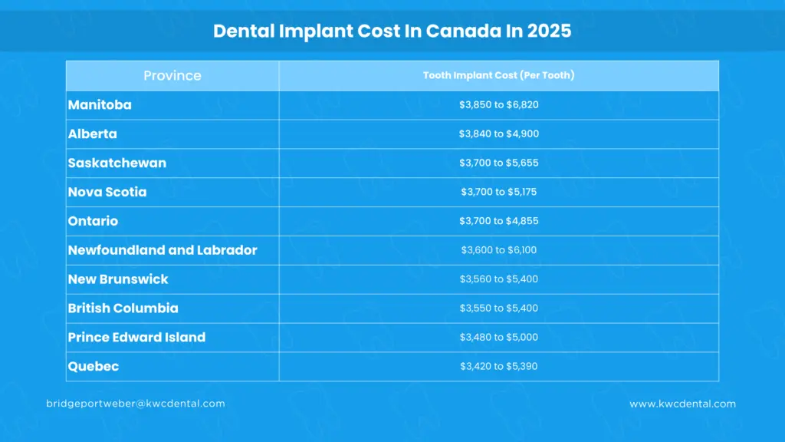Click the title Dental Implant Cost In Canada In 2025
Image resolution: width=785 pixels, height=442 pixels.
point(392,31)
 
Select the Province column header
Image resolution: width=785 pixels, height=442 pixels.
point(172,76)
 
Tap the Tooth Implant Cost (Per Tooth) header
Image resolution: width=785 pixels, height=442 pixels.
point(499,75)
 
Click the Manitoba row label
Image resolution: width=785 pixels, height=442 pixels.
point(100,104)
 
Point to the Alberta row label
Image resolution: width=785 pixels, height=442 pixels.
point(93,134)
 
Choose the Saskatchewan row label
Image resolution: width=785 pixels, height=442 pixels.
point(117,163)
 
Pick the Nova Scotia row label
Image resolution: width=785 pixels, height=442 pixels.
point(107,192)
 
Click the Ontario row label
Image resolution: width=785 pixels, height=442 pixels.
point(94,221)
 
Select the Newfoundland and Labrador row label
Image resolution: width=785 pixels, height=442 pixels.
point(163,250)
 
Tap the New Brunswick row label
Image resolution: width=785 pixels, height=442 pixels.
point(118,279)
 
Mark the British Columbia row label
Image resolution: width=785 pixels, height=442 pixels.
point(123,308)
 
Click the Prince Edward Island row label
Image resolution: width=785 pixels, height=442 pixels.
point(136,338)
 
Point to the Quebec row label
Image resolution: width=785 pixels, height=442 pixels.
point(94,367)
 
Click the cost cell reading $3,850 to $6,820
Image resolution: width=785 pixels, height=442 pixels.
point(499,104)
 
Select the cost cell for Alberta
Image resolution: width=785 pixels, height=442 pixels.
point(499,134)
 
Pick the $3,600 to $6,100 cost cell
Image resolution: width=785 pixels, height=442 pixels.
point(499,250)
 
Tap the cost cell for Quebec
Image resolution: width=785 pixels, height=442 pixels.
point(499,367)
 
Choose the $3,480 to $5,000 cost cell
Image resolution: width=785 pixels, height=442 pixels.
point(499,338)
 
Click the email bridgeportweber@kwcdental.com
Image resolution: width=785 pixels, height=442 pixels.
point(136,404)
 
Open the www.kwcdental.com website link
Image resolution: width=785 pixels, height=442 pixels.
point(682,404)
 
